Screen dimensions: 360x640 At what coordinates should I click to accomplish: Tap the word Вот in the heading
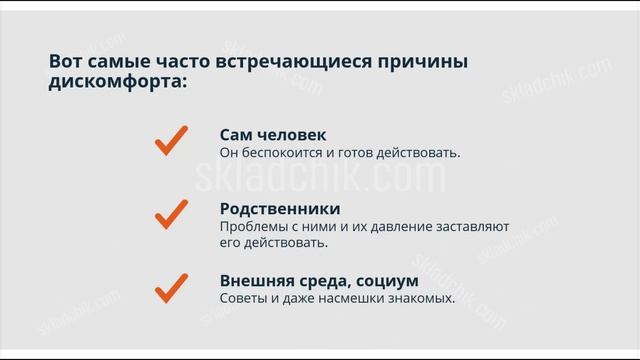pyautogui.click(x=65, y=62)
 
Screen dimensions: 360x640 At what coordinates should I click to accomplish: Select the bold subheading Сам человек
pyautogui.click(x=272, y=135)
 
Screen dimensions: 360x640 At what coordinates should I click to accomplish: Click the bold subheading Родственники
pyautogui.click(x=279, y=209)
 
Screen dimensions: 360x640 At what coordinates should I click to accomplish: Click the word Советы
pyautogui.click(x=246, y=299)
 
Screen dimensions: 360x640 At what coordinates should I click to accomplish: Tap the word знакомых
pyautogui.click(x=420, y=299)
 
